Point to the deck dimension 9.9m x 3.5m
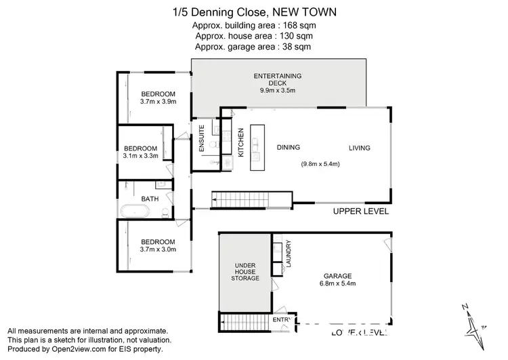pyautogui.click(x=277, y=90)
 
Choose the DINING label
pyautogui.click(x=289, y=147)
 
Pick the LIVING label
pyautogui.click(x=360, y=147)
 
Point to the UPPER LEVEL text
pyautogui.click(x=360, y=212)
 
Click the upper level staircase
pyautogui.click(x=241, y=199)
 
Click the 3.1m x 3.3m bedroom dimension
pyautogui.click(x=140, y=156)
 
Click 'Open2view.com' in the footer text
pyautogui.click(x=84, y=348)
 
